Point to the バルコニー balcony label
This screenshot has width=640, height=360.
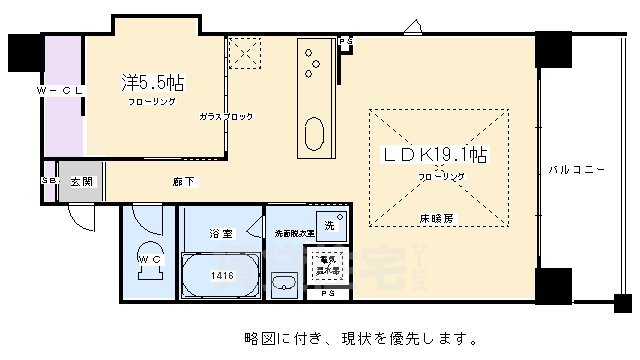(x=577, y=170)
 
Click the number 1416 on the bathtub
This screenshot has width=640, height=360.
(x=222, y=274)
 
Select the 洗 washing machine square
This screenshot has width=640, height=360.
(x=330, y=225)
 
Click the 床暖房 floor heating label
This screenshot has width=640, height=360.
(x=433, y=217)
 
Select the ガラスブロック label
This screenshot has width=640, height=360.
(x=226, y=117)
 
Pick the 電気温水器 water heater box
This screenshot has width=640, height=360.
(x=329, y=267)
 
